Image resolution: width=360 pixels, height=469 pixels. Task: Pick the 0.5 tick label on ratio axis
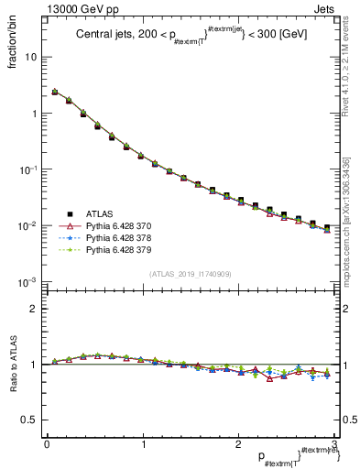tap(30, 420)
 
